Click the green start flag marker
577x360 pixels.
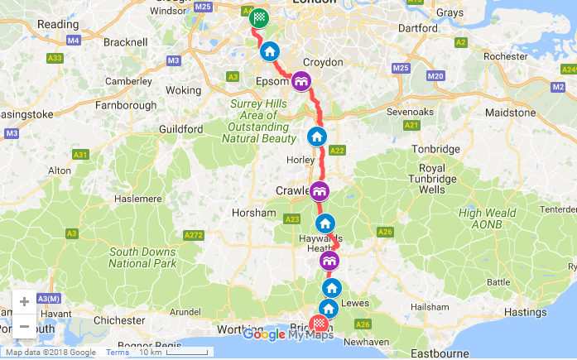tap(260, 17)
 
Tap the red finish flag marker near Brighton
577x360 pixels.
tap(319, 324)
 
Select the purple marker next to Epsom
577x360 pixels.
tap(301, 80)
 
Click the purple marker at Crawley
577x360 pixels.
tap(320, 192)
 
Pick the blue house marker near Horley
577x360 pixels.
tap(316, 137)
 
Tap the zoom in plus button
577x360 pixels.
tap(24, 302)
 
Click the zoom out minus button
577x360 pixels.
tap(24, 326)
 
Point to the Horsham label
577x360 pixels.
tap(255, 213)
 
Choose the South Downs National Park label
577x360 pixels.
tap(143, 257)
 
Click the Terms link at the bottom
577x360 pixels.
tap(117, 353)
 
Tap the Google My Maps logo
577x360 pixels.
tap(288, 334)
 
